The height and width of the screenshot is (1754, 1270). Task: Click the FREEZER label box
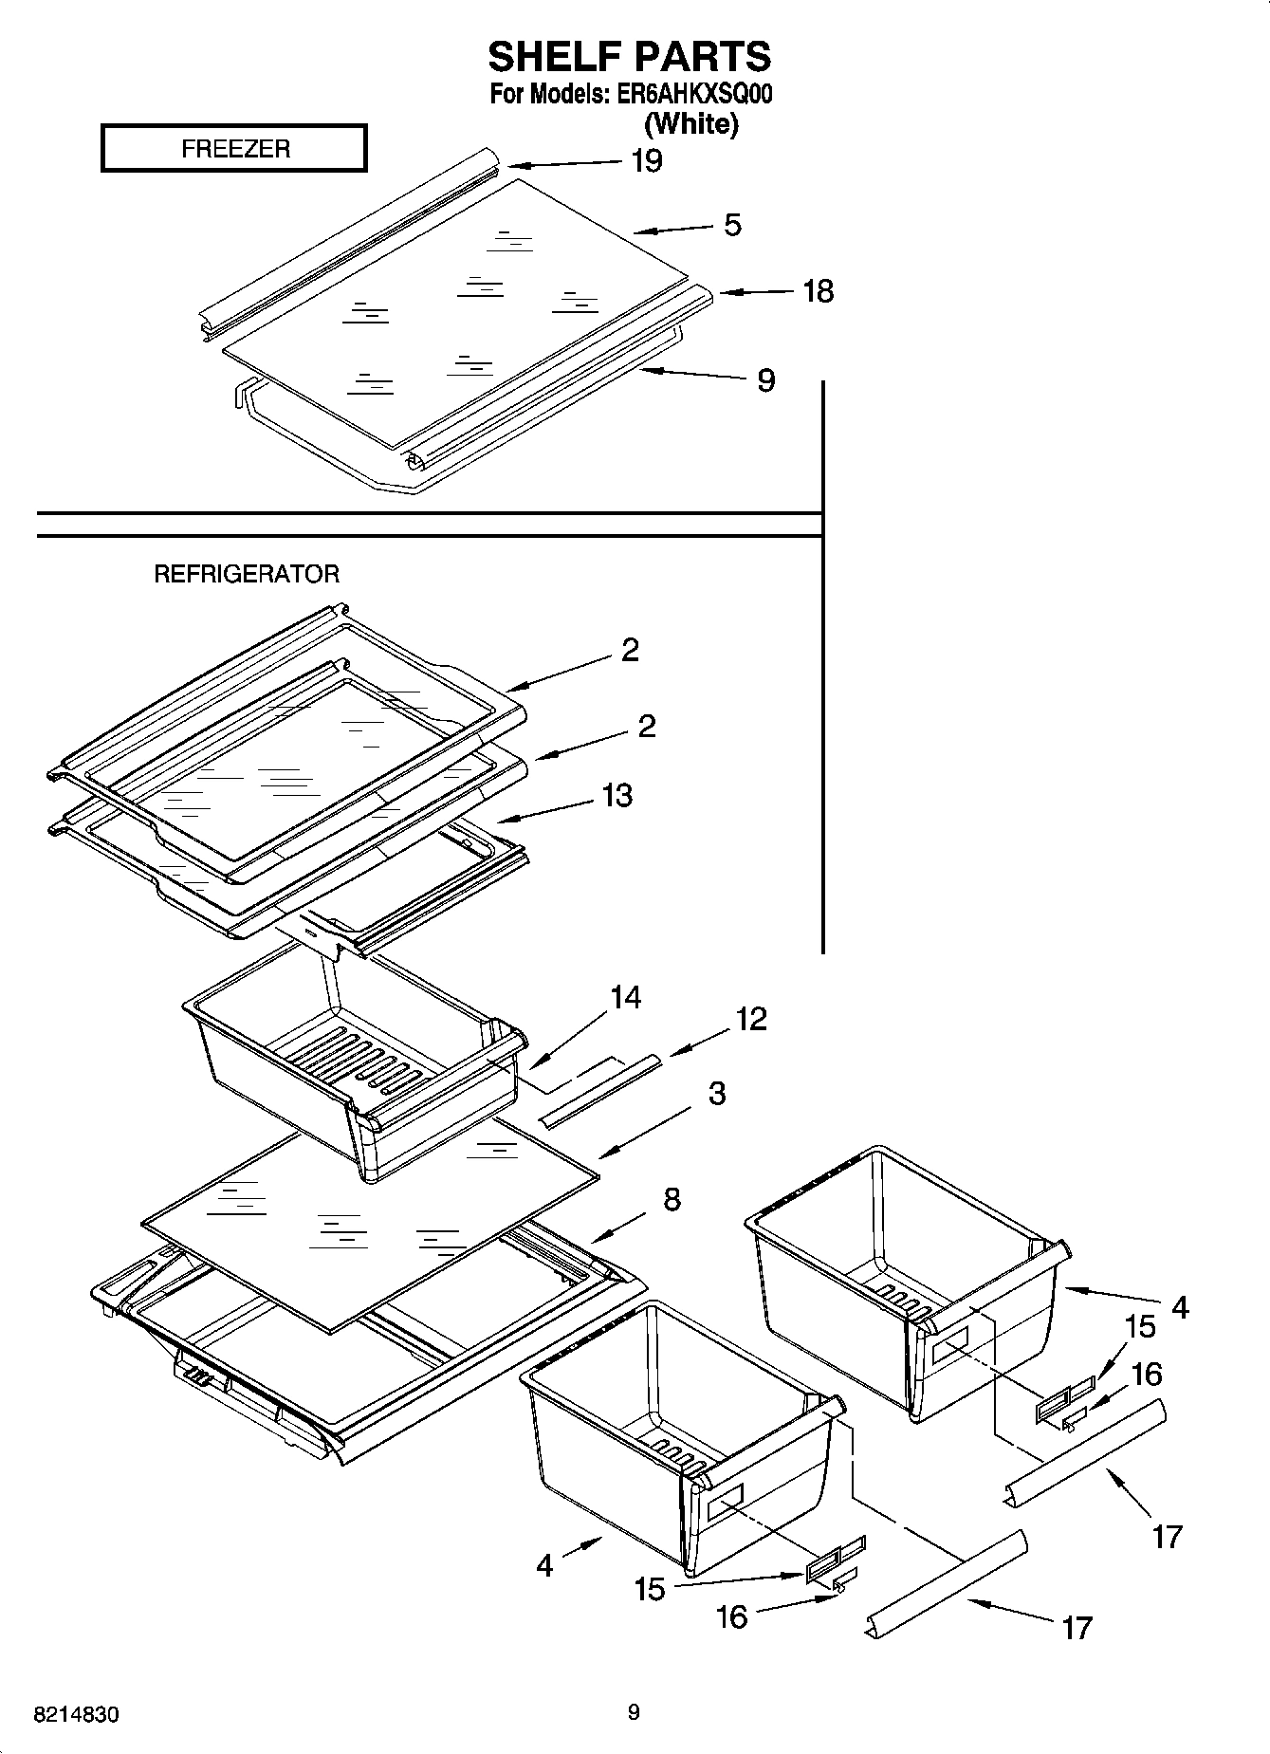(233, 148)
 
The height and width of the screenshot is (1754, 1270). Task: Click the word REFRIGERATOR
(247, 574)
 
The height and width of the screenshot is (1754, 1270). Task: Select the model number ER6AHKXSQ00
(693, 95)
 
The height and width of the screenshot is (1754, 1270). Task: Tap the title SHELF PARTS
(629, 57)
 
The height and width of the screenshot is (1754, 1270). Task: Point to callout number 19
(646, 161)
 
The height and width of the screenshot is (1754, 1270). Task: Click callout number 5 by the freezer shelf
(732, 226)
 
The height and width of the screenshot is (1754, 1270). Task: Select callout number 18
(818, 291)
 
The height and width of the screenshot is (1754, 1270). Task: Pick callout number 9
(765, 380)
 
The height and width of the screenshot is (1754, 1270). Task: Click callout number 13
(617, 795)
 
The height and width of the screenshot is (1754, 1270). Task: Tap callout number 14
(625, 997)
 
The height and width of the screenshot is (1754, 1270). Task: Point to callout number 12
(750, 1019)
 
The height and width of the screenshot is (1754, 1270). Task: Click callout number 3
(717, 1093)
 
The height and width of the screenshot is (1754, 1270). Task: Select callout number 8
(672, 1199)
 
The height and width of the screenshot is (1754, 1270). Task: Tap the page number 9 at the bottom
(634, 1712)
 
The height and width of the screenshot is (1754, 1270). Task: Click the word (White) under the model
(690, 123)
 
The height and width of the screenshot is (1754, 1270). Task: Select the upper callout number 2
(630, 650)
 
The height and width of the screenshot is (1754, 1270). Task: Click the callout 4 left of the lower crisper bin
(544, 1564)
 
